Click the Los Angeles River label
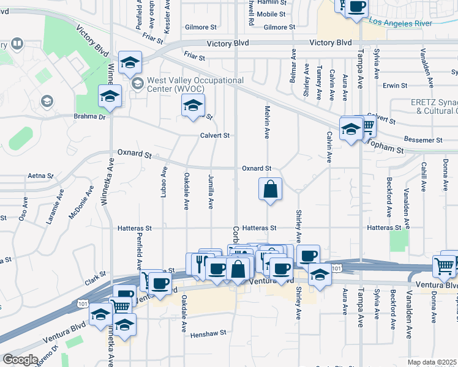(x=400, y=22)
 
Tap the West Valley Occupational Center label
(x=195, y=84)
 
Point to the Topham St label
(x=388, y=146)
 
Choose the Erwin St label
(x=395, y=86)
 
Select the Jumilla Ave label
(x=211, y=191)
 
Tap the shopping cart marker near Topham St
(x=367, y=127)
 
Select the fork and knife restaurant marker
(x=200, y=264)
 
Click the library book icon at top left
(x=17, y=44)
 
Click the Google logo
(x=20, y=360)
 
